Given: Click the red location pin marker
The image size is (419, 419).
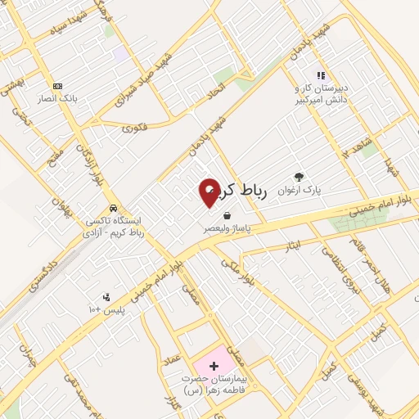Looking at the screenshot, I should pyautogui.click(x=209, y=192).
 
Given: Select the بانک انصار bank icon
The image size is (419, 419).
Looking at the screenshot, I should pyautogui.click(x=57, y=87).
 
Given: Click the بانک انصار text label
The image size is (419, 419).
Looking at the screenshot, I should pyautogui.click(x=56, y=99).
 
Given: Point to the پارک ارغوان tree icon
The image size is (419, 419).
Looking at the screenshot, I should pyautogui.click(x=299, y=176).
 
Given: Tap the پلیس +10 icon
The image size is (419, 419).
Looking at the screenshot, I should pyautogui.click(x=106, y=297).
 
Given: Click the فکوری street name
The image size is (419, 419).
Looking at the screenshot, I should pyautogui.click(x=133, y=128).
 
